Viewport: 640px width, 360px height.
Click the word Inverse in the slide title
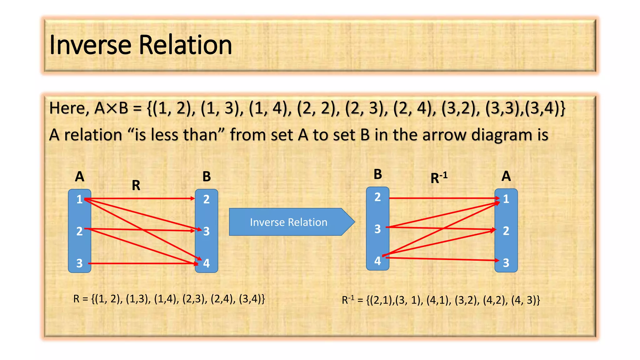point(90,45)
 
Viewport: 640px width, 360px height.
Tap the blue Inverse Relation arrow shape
point(289,222)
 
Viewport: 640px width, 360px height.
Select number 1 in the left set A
point(79,199)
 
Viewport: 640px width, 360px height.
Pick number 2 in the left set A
point(79,231)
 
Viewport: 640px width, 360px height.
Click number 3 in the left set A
point(79,263)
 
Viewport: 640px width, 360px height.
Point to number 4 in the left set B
point(206,263)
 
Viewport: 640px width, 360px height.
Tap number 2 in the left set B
point(206,199)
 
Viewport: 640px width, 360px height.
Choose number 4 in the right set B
point(377,261)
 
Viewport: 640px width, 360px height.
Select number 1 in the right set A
point(506,199)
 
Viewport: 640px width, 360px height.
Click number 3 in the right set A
point(506,263)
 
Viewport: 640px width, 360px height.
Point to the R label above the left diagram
point(136,186)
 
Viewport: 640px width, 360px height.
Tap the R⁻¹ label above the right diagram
point(439,178)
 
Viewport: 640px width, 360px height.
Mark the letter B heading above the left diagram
point(206,177)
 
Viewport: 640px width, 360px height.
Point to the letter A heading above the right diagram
point(506,176)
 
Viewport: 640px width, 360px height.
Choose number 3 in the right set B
point(377,229)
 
